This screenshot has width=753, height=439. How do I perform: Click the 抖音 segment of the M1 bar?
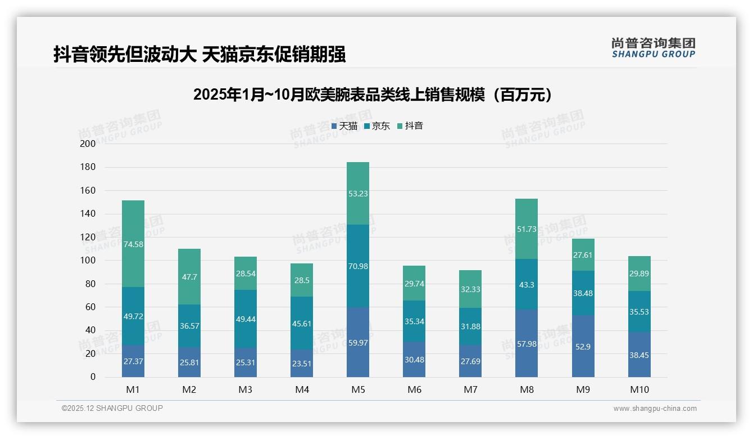click(x=133, y=244)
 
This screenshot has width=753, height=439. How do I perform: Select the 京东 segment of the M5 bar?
click(x=358, y=266)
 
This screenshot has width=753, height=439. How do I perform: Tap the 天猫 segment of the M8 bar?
click(x=527, y=343)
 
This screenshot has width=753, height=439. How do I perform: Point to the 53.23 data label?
click(x=358, y=193)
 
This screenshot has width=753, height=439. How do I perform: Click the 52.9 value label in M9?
click(x=583, y=347)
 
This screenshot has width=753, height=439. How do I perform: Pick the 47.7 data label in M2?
click(x=189, y=277)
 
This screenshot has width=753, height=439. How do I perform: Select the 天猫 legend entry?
click(x=344, y=126)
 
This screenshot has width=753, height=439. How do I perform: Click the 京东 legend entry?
click(x=377, y=126)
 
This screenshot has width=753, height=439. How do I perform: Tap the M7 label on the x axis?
click(x=470, y=389)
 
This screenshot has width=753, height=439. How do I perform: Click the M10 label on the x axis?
click(x=639, y=389)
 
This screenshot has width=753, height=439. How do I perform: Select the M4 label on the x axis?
click(x=302, y=389)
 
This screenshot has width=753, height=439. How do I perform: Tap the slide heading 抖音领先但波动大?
click(x=199, y=54)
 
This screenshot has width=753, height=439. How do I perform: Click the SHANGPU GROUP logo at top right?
click(x=653, y=48)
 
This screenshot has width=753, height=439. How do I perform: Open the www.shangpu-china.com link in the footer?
click(x=655, y=409)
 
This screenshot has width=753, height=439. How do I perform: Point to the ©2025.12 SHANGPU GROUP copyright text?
click(x=112, y=409)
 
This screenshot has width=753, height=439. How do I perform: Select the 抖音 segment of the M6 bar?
click(x=414, y=283)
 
